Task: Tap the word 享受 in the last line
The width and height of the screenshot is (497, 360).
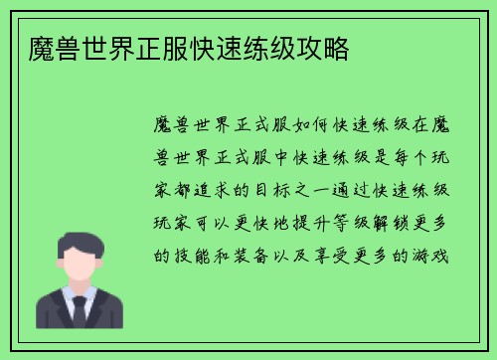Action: (x=348, y=256)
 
